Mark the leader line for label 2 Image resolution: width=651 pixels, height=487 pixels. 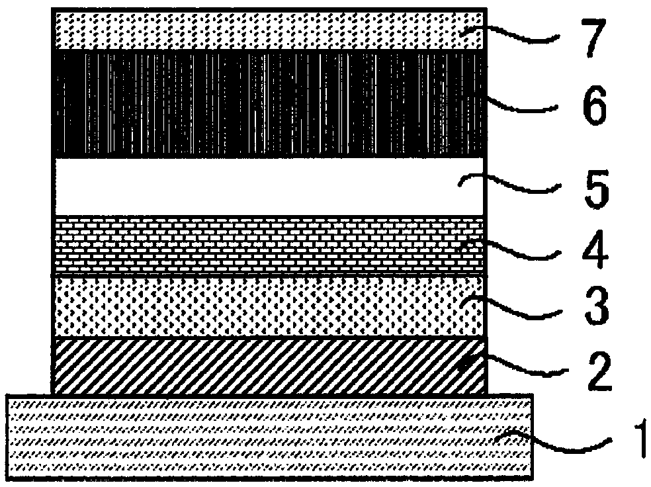pos(523,365)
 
